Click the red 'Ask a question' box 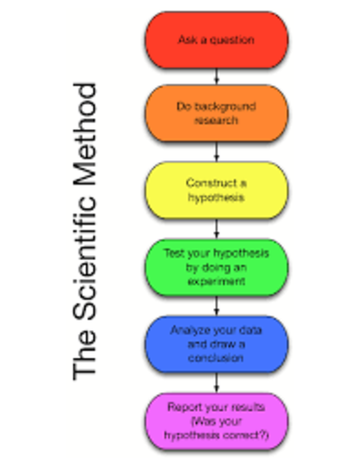tap(216, 39)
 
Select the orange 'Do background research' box tap(216, 114)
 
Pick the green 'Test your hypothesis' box tap(216, 265)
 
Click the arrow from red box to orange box tap(216, 77)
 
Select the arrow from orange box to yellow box tap(216, 152)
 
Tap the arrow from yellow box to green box tap(216, 228)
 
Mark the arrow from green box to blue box tap(216, 304)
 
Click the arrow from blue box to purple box tap(216, 380)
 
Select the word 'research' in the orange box tap(216, 121)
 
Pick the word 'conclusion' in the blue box tap(216, 356)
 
